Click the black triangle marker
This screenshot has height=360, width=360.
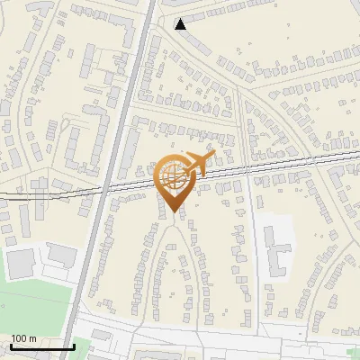point(181,24)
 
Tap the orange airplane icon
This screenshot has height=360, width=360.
point(198,165)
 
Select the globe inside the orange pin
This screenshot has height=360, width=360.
point(172,178)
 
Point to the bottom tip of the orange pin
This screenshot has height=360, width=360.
point(172,212)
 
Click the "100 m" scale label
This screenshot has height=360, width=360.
point(23,338)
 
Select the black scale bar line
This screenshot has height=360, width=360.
point(41,347)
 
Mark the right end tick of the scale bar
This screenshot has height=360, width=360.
point(74,346)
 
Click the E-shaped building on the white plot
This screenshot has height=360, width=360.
point(276,248)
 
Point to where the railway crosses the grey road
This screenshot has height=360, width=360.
point(103,187)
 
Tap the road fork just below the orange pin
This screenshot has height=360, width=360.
point(171,225)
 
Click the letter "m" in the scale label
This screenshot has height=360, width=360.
point(33,338)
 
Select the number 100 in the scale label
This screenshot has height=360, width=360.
point(19,338)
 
